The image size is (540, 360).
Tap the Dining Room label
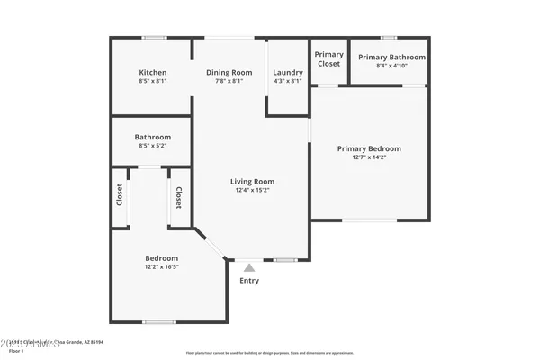pyautogui.click(x=229, y=73)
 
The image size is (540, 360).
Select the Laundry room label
pyautogui.click(x=288, y=73)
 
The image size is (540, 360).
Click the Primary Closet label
pyautogui.click(x=328, y=59)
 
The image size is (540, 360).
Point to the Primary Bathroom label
pyautogui.click(x=391, y=58)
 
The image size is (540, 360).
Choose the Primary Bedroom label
pyautogui.click(x=369, y=148)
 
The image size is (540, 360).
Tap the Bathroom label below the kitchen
pyautogui.click(x=152, y=137)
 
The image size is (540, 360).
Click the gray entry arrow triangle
pyautogui.click(x=249, y=266)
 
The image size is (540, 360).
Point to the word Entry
pyautogui.click(x=249, y=281)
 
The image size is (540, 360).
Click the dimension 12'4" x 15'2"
pyautogui.click(x=252, y=190)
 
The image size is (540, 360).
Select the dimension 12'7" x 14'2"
pyautogui.click(x=369, y=157)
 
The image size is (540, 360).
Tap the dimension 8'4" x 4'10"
pyautogui.click(x=391, y=66)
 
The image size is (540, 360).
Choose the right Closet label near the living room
pyautogui.click(x=179, y=197)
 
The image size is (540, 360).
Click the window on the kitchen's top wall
pyautogui.click(x=154, y=38)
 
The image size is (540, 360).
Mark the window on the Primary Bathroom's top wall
pyautogui.click(x=389, y=38)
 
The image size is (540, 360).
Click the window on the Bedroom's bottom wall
pyautogui.click(x=159, y=321)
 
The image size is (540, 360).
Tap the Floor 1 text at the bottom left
pyautogui.click(x=16, y=351)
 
